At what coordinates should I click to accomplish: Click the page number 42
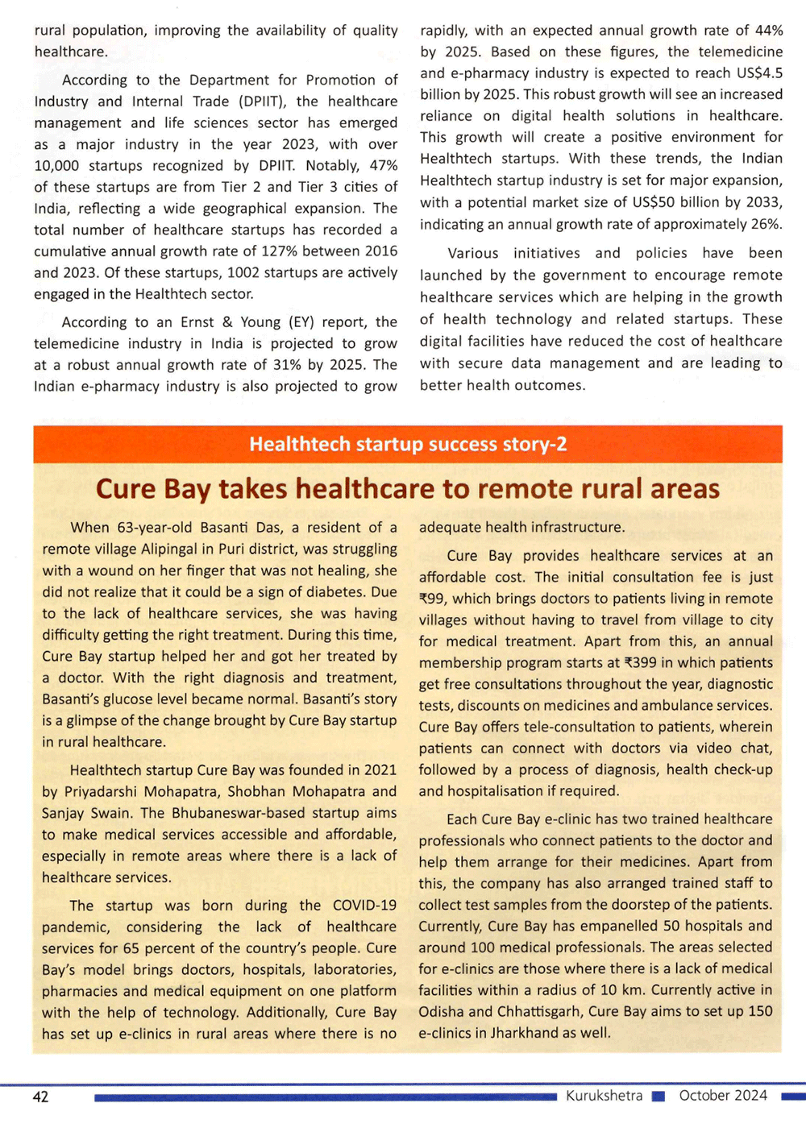coord(40,1097)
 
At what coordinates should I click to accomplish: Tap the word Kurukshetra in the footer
coord(604,1096)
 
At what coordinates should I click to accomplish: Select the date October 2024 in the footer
coord(723,1096)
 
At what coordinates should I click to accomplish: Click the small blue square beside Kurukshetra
coord(658,1097)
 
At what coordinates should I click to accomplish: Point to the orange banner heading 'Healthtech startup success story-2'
coord(408,444)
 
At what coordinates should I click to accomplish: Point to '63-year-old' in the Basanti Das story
coord(155,528)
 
